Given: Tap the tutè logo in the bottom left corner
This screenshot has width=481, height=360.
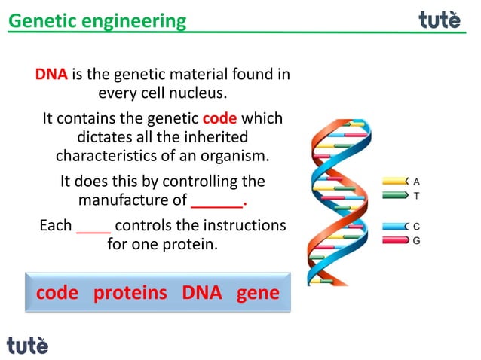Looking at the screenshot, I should tap(28, 345).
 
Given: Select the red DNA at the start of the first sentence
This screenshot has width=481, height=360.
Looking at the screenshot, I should tap(51, 75).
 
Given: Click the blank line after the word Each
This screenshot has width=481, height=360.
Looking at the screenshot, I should tap(93, 225).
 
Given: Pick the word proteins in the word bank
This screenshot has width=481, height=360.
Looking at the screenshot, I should tap(130, 293).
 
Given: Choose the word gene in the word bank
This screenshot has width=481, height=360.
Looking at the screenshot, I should tap(258, 293).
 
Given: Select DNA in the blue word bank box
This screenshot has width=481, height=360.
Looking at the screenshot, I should tap(202, 293).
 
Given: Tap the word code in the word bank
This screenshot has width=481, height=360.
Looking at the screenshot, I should tap(57, 293).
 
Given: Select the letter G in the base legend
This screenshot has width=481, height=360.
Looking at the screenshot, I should tap(416, 240).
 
